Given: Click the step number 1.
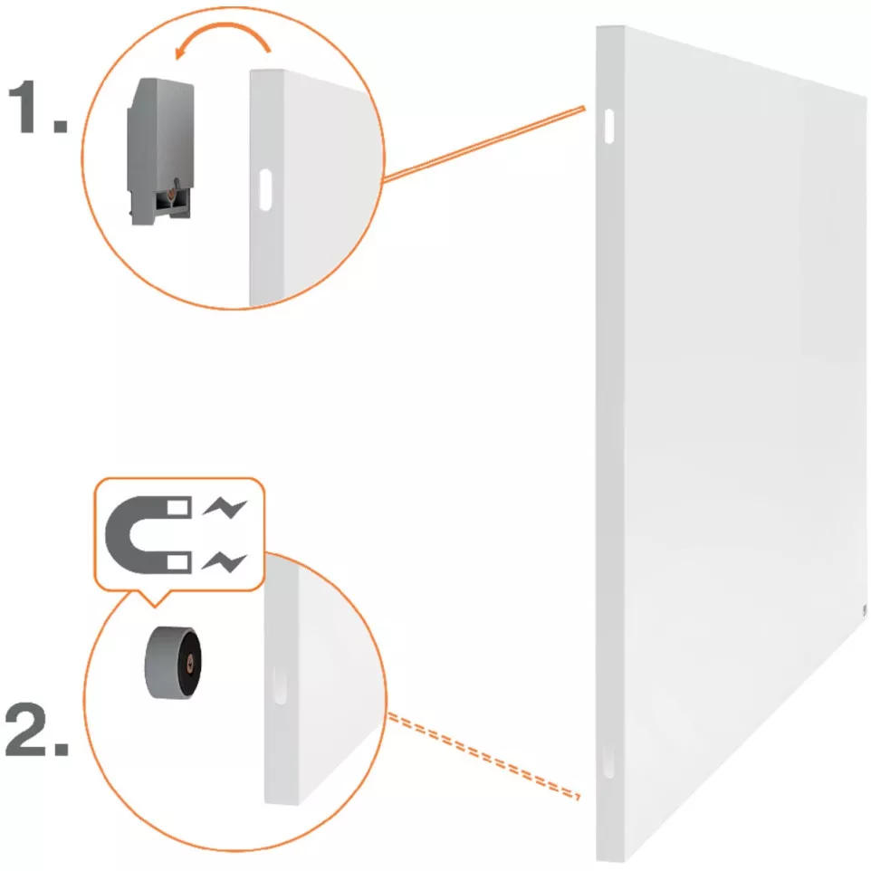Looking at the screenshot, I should [36, 109].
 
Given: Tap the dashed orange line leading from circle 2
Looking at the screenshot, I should [480, 755].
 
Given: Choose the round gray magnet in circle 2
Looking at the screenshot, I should [172, 662].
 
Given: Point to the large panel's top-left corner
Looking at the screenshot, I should [599, 29].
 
